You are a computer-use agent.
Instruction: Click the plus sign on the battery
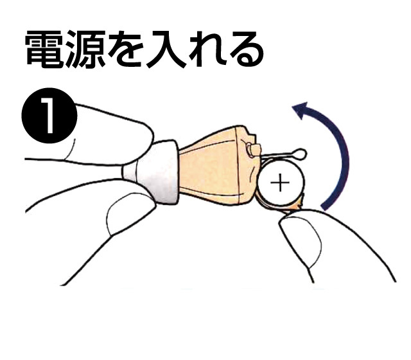[x=280, y=183]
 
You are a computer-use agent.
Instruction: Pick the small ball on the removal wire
[x=299, y=154]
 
